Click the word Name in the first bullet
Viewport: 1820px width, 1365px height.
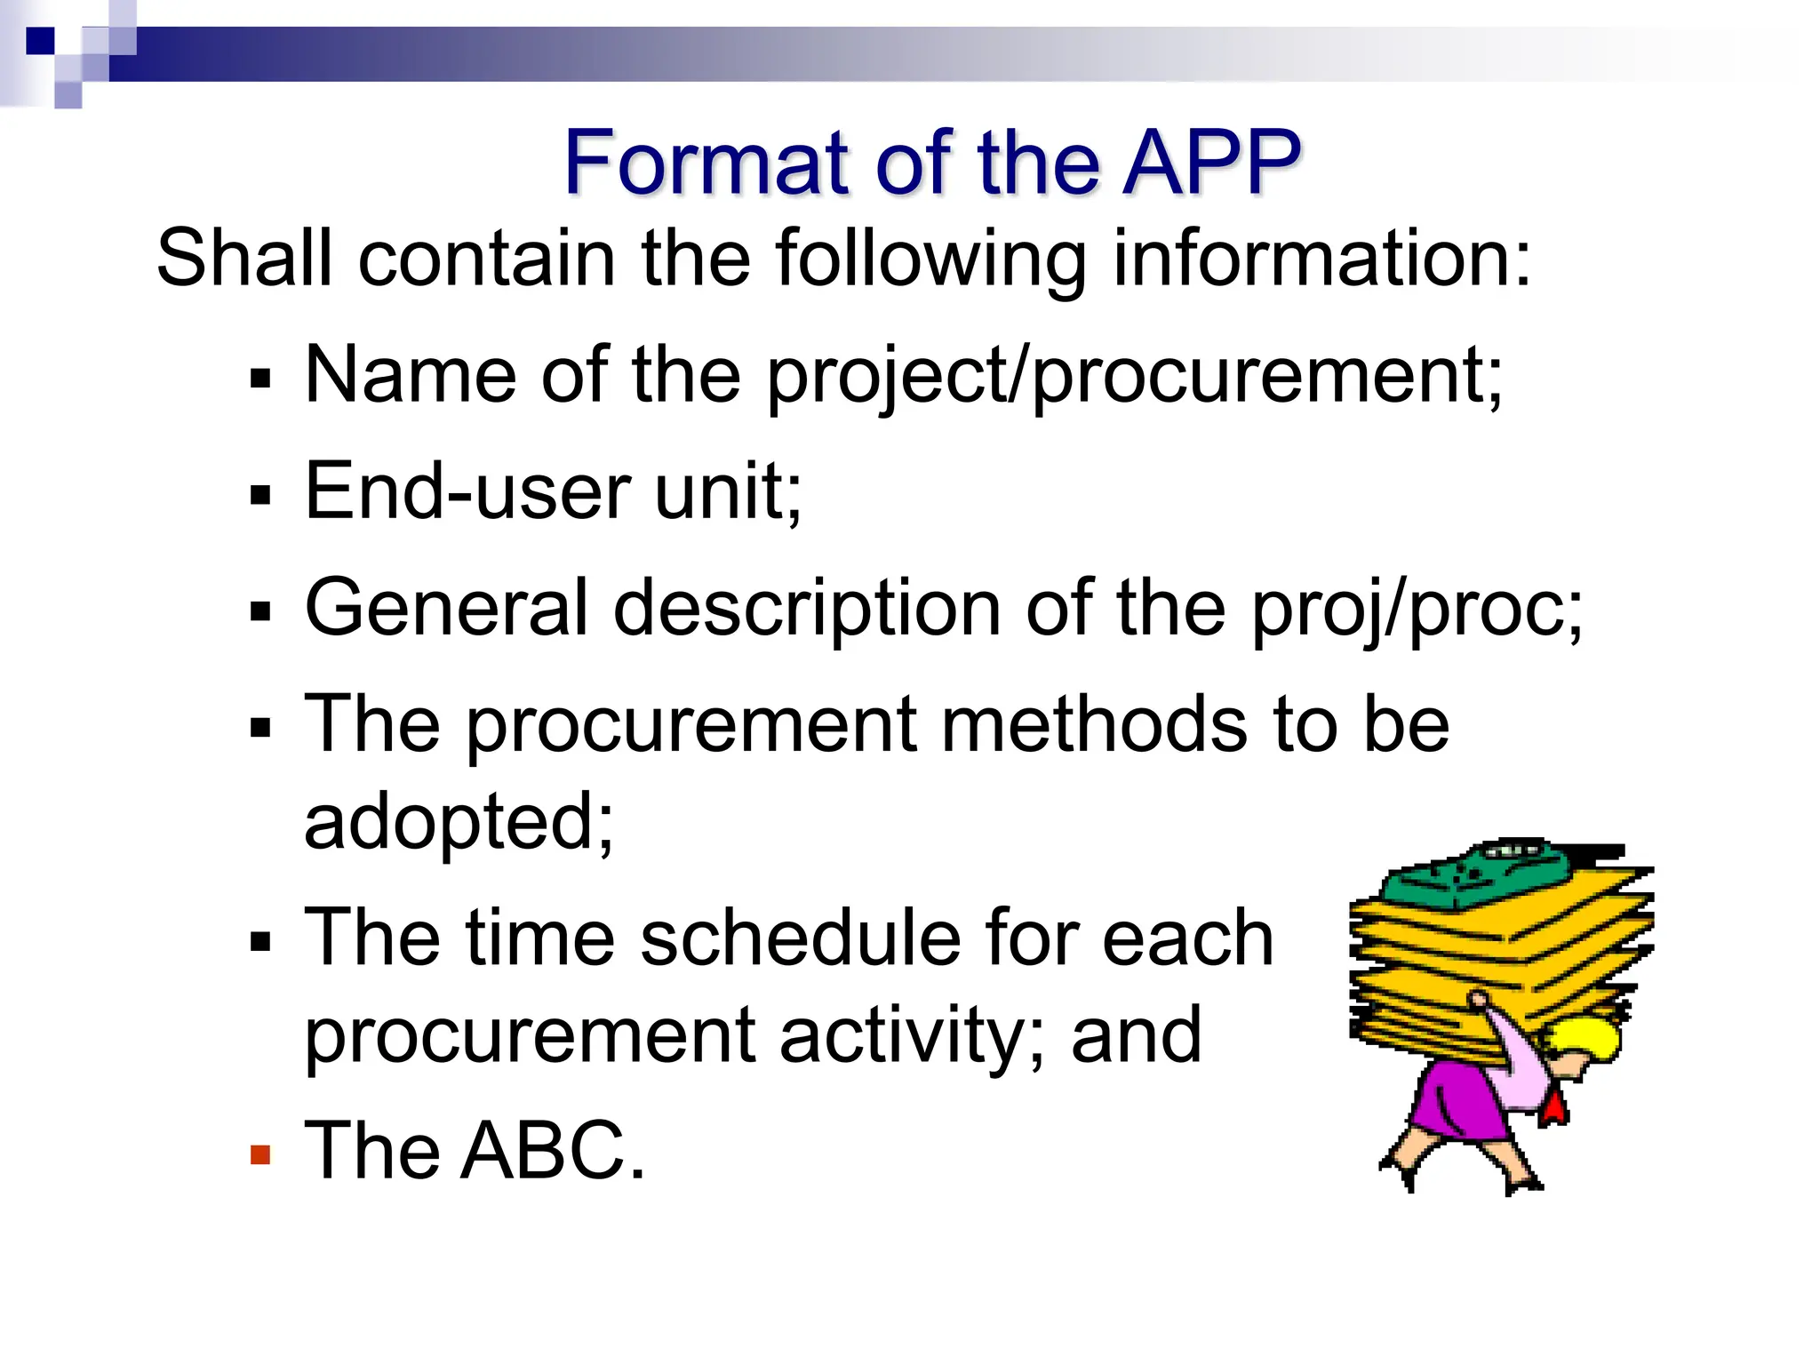(410, 375)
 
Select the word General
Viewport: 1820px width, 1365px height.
(447, 608)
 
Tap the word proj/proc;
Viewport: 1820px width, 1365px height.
(1417, 610)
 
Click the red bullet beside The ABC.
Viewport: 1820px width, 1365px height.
(259, 1154)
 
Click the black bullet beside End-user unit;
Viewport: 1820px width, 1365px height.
(259, 495)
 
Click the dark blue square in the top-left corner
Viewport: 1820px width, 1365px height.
(40, 41)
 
